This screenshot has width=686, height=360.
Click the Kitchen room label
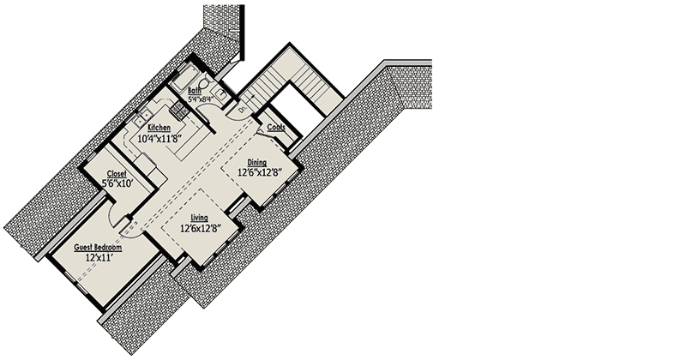pos(159,128)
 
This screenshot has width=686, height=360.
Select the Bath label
pos(195,89)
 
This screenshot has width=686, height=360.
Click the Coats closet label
pos(276,127)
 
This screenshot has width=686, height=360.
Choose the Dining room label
pos(257,162)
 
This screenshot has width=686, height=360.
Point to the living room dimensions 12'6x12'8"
pos(203,229)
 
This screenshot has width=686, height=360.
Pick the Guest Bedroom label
pos(96,247)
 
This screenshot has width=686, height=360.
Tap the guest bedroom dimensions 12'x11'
pos(99,256)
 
